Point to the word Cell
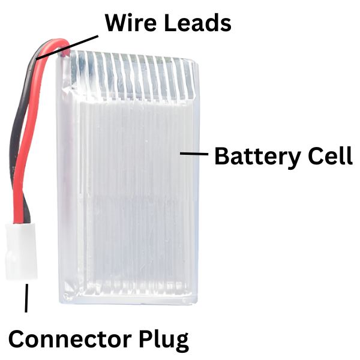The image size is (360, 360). tap(328, 157)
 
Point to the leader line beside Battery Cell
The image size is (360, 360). tap(193, 154)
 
